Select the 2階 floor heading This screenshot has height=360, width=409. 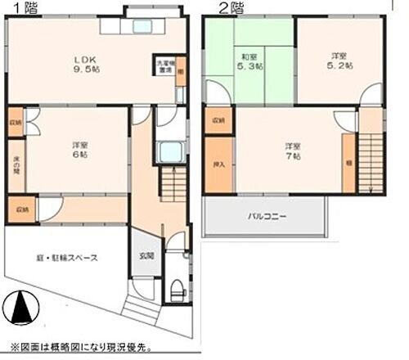230,8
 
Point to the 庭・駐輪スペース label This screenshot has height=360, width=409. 68,258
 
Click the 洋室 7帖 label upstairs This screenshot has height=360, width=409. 292,151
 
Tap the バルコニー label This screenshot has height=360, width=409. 266,217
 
